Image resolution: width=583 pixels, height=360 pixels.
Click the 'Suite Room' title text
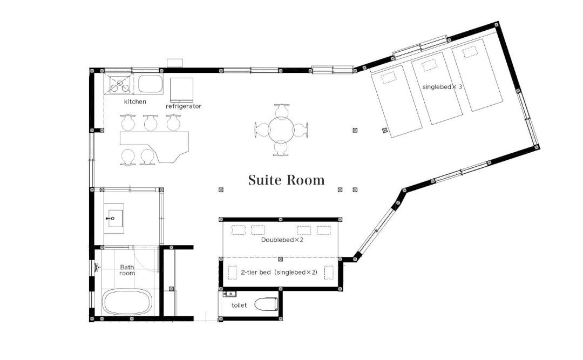coord(286,180)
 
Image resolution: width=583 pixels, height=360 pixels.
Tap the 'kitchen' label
coord(135,101)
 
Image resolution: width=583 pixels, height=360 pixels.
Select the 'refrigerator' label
coord(184,106)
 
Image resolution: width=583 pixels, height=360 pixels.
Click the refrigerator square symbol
coord(181,90)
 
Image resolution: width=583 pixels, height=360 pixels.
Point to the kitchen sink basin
coord(151,84)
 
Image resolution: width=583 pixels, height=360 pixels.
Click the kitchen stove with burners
coord(119,84)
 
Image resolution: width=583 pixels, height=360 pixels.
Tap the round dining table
coord(281,130)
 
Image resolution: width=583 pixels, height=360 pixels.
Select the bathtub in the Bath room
coord(127,302)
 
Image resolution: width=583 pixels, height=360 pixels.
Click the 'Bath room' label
coord(127,270)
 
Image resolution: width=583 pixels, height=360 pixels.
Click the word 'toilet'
coord(239,305)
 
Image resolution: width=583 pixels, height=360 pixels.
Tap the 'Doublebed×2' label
coord(282,240)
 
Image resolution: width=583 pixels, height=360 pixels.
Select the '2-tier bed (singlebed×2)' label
coord(279,272)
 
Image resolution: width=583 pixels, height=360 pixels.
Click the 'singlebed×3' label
coord(442,87)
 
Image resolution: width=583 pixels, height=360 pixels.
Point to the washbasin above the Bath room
coord(114,218)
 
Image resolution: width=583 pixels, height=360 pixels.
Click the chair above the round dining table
coord(282,110)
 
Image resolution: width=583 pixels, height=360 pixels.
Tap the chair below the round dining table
coord(281,149)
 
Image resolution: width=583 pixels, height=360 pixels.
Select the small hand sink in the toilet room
coord(230,294)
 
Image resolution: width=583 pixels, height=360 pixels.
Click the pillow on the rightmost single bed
coord(470,52)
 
